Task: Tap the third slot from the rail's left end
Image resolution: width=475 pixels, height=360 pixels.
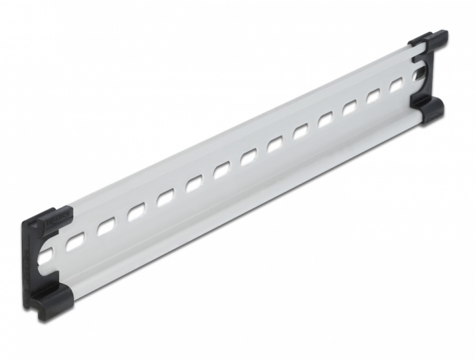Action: pyautogui.click(x=105, y=228)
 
